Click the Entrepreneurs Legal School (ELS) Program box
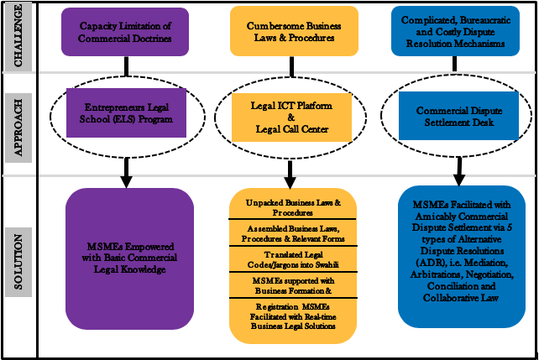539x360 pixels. click(x=128, y=113)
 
